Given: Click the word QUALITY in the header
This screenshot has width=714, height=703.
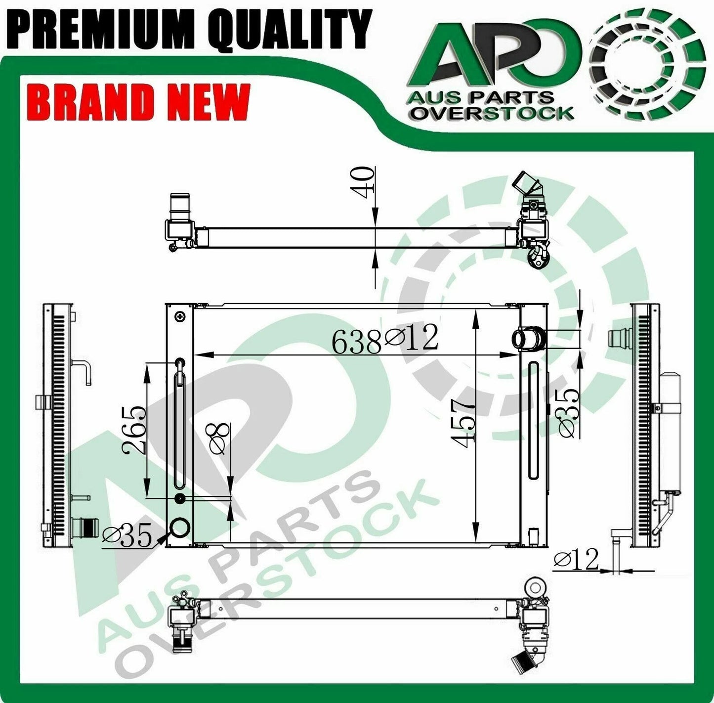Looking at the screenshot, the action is (x=290, y=31).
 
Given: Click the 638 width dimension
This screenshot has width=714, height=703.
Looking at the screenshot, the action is (x=356, y=342).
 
